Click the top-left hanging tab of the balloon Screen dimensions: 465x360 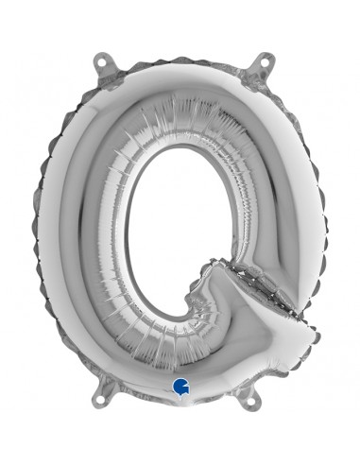[97, 65]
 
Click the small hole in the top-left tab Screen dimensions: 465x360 [96, 61]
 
